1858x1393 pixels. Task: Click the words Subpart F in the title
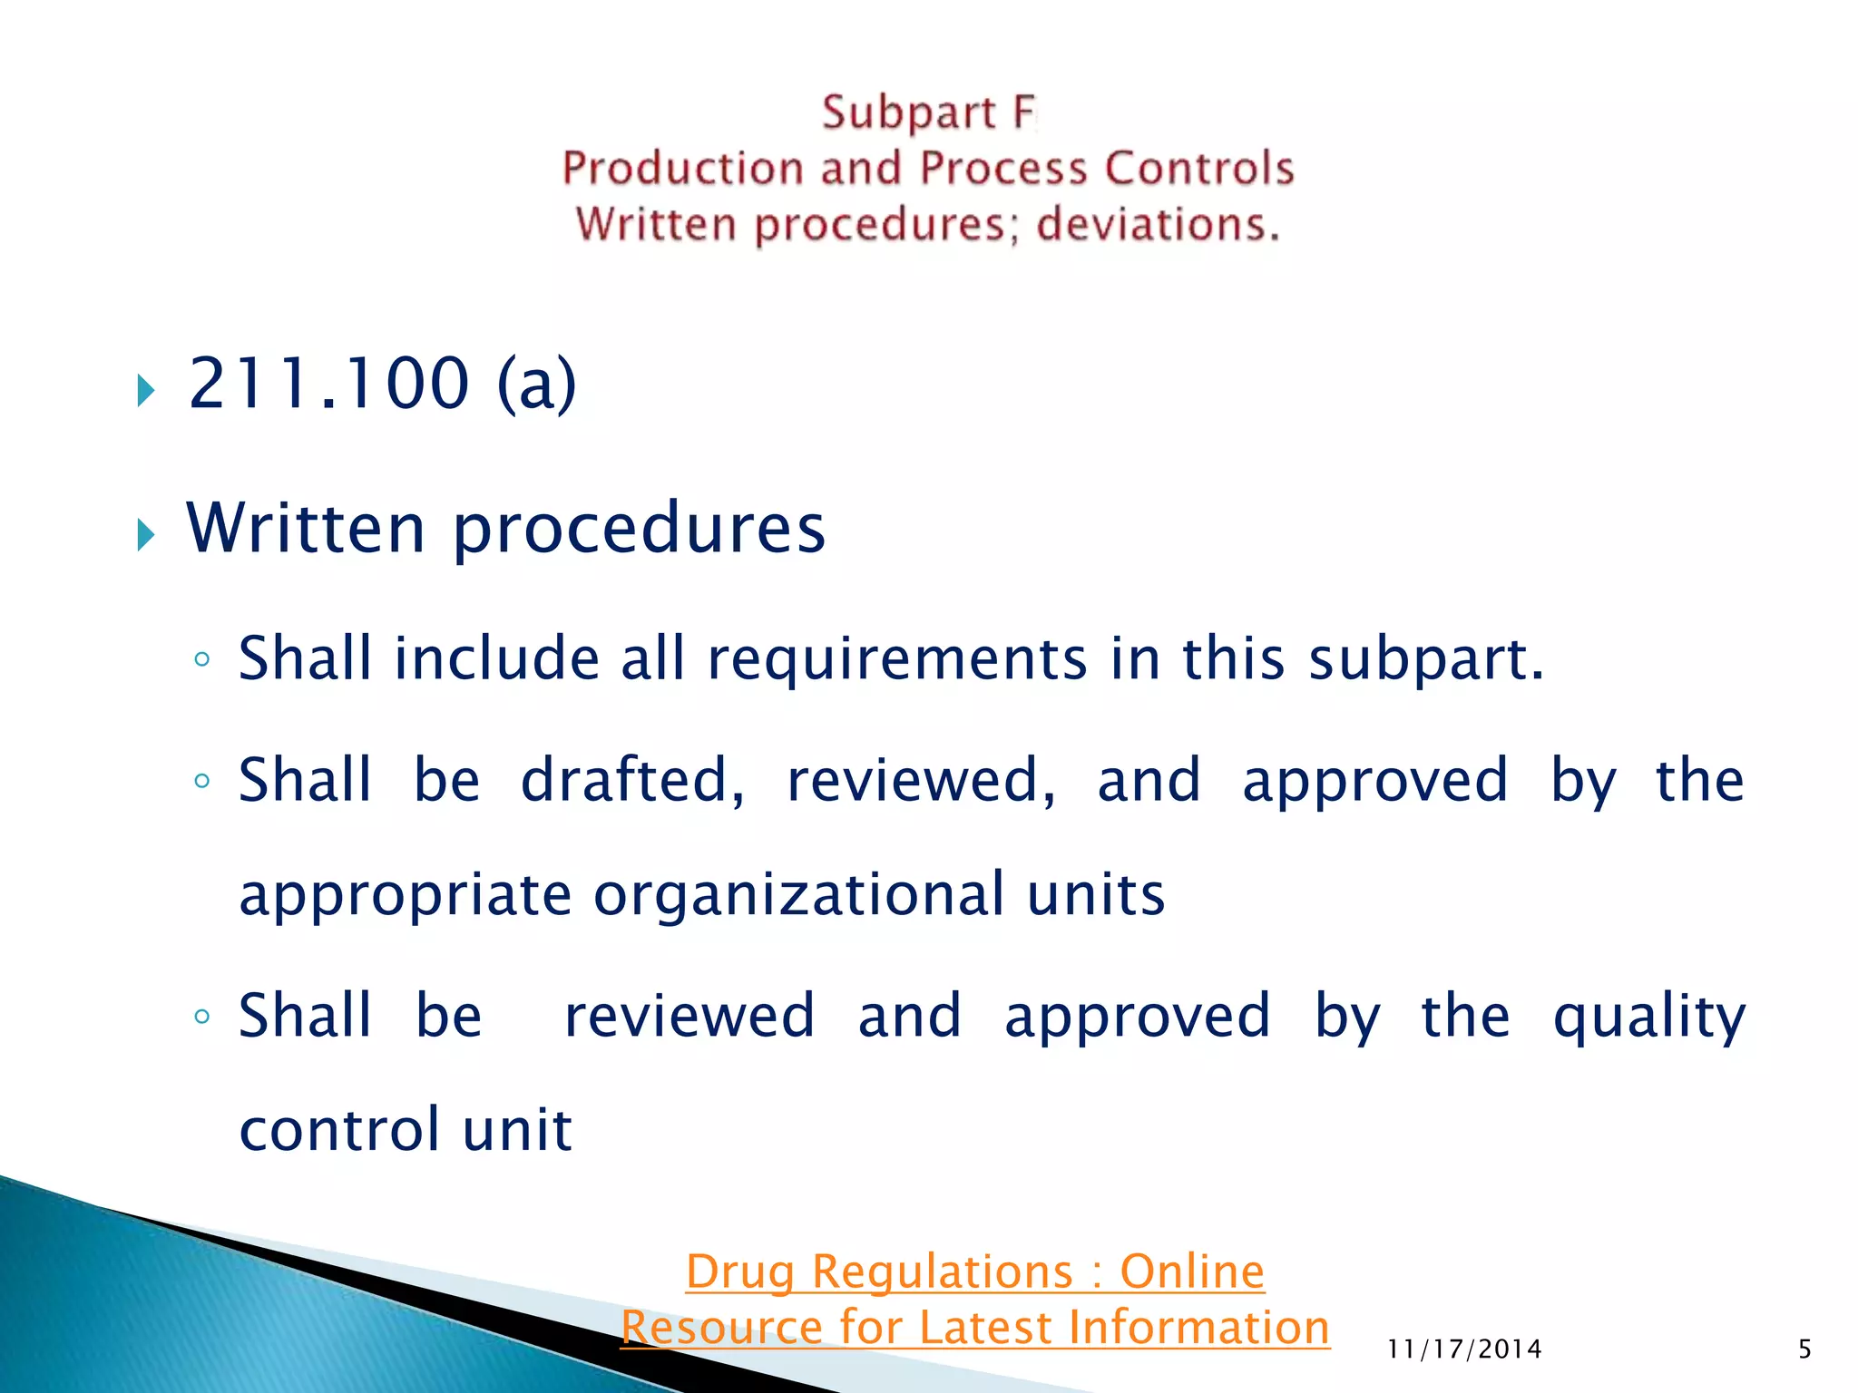coord(928,114)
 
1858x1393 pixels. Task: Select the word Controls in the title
coord(1199,170)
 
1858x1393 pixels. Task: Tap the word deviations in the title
coord(1158,225)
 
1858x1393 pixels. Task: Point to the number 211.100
coord(328,384)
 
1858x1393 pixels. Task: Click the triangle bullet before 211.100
coord(146,390)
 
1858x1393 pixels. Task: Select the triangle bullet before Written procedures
coord(146,535)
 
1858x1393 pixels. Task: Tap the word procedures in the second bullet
coord(639,530)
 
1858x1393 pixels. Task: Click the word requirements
coord(897,659)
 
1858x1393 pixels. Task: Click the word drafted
coord(632,781)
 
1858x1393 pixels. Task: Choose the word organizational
coord(798,896)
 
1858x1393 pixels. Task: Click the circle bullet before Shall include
coord(202,659)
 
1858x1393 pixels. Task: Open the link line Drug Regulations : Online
coord(975,1271)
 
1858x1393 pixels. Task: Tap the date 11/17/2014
coord(1464,1349)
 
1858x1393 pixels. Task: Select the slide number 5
coord(1804,1349)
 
